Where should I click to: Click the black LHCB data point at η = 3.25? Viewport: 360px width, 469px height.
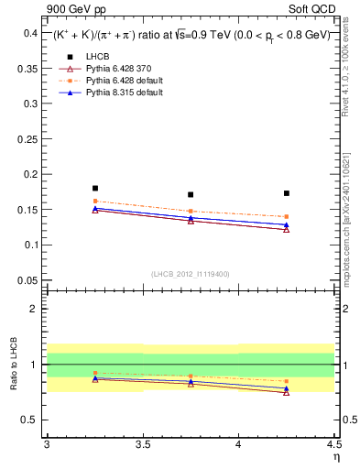click(x=95, y=188)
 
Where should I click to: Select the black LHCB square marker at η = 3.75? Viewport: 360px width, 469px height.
click(x=191, y=194)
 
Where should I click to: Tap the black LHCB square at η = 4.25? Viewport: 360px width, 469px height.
click(x=287, y=193)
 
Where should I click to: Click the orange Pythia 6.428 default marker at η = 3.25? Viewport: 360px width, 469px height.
click(x=95, y=201)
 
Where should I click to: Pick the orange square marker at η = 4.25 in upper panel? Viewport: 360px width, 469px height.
click(x=287, y=217)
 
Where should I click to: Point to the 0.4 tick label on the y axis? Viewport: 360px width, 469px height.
click(x=30, y=33)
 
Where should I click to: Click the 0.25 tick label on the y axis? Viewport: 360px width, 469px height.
click(x=27, y=139)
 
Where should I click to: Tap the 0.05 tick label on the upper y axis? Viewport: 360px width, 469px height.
click(x=27, y=280)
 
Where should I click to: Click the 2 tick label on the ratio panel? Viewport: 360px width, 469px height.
click(x=34, y=310)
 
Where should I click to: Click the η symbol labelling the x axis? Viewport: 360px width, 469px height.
click(x=335, y=456)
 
